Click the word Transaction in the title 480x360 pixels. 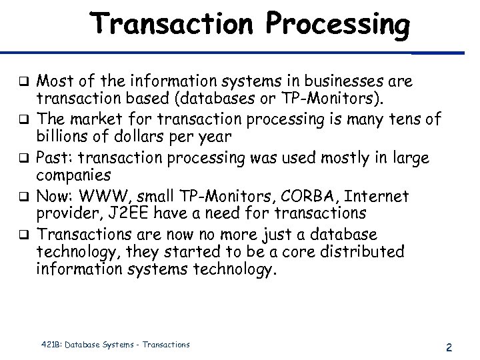click(171, 24)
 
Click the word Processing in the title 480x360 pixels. click(337, 25)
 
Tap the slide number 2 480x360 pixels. click(449, 347)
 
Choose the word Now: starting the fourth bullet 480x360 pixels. click(51, 197)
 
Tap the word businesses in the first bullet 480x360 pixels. click(344, 82)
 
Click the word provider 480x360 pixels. click(64, 213)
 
